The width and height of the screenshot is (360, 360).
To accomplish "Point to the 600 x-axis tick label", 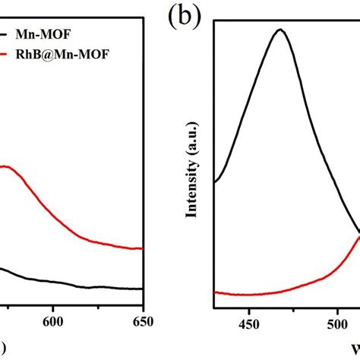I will point(53,321).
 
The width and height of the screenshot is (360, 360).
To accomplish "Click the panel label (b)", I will point(185,17).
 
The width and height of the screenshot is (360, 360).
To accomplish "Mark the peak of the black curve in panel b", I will point(280,30).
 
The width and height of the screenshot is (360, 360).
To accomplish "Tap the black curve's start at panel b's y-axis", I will point(216,182).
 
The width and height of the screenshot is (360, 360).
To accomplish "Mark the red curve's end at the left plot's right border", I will point(143,248).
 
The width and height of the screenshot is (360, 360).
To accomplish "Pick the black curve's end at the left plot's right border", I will point(143,289).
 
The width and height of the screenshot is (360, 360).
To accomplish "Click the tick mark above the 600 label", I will point(53,305).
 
